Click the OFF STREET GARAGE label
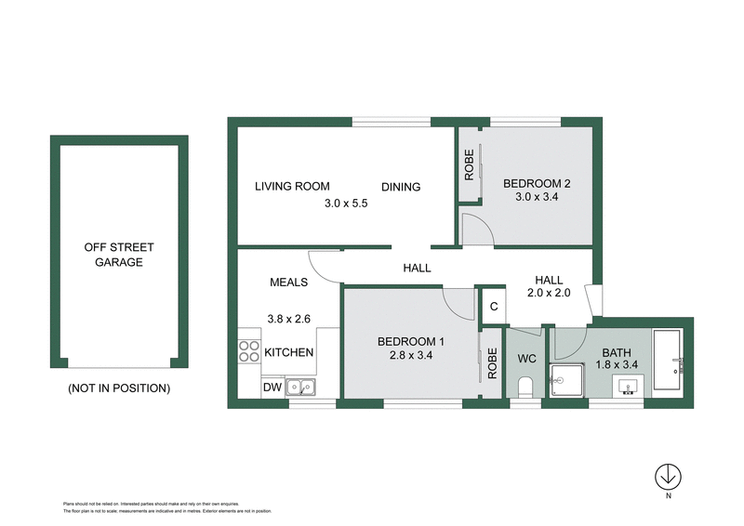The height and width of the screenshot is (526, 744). coord(118,255)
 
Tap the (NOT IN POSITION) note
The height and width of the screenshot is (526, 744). coord(118,388)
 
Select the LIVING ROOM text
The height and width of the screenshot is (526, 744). coord(292,187)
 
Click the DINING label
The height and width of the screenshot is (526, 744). coord(401,187)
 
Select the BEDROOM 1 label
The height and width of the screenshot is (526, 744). coord(411,339)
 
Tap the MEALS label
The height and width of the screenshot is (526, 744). coord(289,283)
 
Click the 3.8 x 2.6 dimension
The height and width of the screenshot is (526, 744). coord(289,319)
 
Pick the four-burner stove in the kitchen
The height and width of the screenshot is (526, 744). coord(249,351)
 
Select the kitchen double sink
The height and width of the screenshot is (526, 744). coord(300,387)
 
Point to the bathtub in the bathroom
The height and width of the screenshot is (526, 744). coord(668,360)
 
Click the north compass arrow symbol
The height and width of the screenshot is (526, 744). coord(667,477)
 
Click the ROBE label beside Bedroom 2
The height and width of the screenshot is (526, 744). coord(469,164)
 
